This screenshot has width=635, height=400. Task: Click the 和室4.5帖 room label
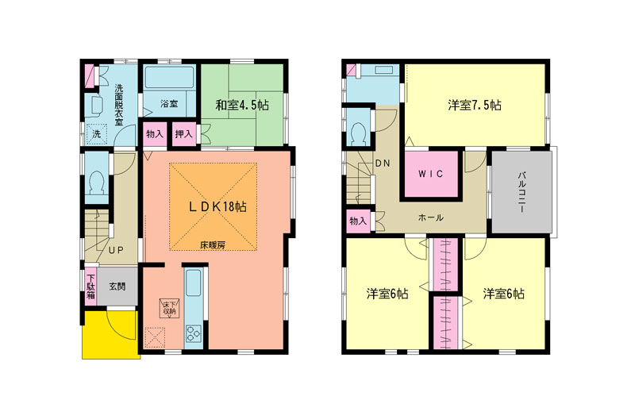pyautogui.click(x=242, y=106)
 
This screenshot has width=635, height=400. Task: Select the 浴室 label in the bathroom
pyautogui.click(x=169, y=104)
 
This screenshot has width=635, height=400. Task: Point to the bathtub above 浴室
pyautogui.click(x=169, y=78)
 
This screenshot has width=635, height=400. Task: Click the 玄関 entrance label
pyautogui.click(x=117, y=287)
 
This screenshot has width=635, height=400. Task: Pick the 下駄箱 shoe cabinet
pyautogui.click(x=90, y=287)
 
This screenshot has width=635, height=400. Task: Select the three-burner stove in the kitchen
pyautogui.click(x=193, y=333)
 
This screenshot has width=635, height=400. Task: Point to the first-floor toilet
pyautogui.click(x=97, y=183)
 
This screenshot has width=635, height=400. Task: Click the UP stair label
pyautogui.click(x=116, y=250)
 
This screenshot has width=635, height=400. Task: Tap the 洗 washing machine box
pyautogui.click(x=96, y=133)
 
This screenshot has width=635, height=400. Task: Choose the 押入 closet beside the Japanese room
pyautogui.click(x=184, y=133)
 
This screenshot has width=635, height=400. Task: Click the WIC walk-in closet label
pyautogui.click(x=431, y=174)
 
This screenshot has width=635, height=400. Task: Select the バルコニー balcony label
pyautogui.click(x=521, y=192)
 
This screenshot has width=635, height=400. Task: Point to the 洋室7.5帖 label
pyautogui.click(x=475, y=106)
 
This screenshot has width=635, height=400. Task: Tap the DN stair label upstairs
pyautogui.click(x=383, y=163)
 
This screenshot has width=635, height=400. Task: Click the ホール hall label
pyautogui.click(x=431, y=217)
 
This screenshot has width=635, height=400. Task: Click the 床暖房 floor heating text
pyautogui.click(x=212, y=245)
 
